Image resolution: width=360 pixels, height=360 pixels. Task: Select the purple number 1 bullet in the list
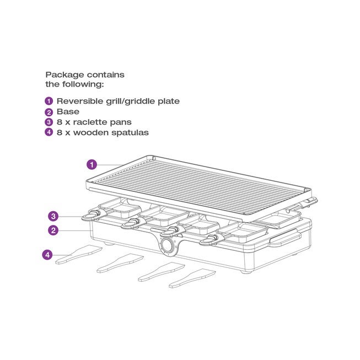[x=49, y=101]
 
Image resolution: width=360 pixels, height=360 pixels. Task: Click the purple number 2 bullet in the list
[x=49, y=112]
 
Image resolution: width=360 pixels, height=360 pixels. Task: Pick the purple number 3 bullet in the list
[x=49, y=122]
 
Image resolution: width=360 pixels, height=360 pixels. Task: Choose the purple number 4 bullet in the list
[x=49, y=133]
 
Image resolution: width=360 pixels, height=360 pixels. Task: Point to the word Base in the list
[x=68, y=112]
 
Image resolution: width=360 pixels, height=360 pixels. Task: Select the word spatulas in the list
[x=130, y=133]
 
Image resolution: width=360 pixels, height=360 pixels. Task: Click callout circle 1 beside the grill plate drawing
[x=92, y=164]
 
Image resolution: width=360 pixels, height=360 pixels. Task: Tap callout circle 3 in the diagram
[x=53, y=216]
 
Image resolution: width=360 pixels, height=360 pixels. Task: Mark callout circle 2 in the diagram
[x=53, y=230]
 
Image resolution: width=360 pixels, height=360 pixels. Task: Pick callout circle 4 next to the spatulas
[x=48, y=255]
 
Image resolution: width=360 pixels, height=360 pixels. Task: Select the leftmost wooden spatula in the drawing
[x=78, y=254]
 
